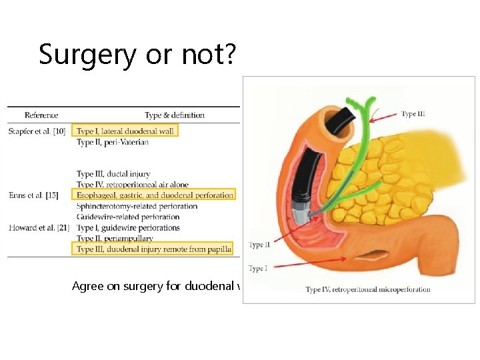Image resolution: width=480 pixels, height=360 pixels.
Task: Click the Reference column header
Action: pyautogui.click(x=41, y=115)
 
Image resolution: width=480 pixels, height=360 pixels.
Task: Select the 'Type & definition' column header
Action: pyautogui.click(x=175, y=115)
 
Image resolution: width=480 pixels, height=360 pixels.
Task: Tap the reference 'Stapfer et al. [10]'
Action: pyautogui.click(x=37, y=131)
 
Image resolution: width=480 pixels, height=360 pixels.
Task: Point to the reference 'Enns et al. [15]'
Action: pyautogui.click(x=33, y=195)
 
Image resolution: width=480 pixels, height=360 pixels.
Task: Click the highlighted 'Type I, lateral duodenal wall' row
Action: pyautogui.click(x=125, y=131)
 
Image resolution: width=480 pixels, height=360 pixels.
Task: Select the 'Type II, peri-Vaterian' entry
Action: pyautogui.click(x=113, y=142)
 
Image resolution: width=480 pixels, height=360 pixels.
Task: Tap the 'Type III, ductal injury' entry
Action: pyautogui.click(x=113, y=174)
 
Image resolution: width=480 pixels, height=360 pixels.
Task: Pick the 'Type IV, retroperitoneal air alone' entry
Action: pyautogui.click(x=133, y=185)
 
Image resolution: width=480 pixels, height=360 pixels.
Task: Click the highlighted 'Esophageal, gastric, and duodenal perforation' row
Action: pyautogui.click(x=155, y=195)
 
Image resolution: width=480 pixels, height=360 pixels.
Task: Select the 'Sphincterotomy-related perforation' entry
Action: pyautogui.click(x=137, y=206)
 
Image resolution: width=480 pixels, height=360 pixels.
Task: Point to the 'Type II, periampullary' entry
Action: pyautogui.click(x=115, y=238)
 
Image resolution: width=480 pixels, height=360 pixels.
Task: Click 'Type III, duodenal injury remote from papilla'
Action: pyautogui.click(x=154, y=249)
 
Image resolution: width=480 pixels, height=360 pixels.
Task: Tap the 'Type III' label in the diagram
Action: pyautogui.click(x=413, y=114)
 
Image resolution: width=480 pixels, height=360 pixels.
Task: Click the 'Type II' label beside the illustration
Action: pyautogui.click(x=259, y=245)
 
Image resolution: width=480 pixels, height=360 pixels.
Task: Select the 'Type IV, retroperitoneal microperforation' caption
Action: pyautogui.click(x=368, y=289)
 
